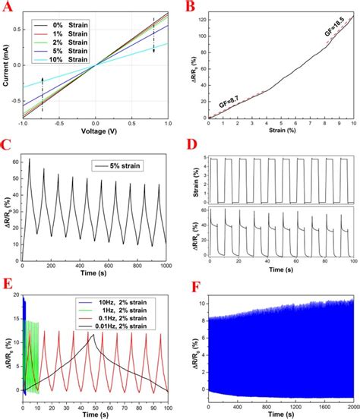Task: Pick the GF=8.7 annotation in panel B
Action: tap(229, 100)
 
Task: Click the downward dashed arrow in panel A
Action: tap(153, 36)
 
